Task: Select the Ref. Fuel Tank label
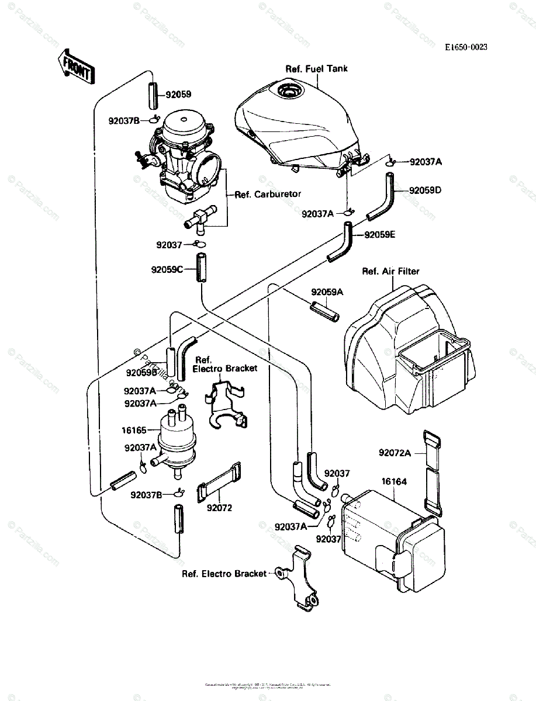pyautogui.click(x=316, y=69)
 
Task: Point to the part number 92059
pyautogui.click(x=178, y=94)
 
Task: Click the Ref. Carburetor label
pyautogui.click(x=268, y=194)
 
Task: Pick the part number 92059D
pyautogui.click(x=425, y=190)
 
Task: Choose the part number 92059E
pyautogui.click(x=380, y=235)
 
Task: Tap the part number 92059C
pyautogui.click(x=167, y=270)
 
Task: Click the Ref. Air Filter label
pyautogui.click(x=390, y=271)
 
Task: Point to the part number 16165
pyautogui.click(x=134, y=429)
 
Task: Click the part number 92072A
pyautogui.click(x=395, y=452)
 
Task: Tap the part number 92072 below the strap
pyautogui.click(x=219, y=508)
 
